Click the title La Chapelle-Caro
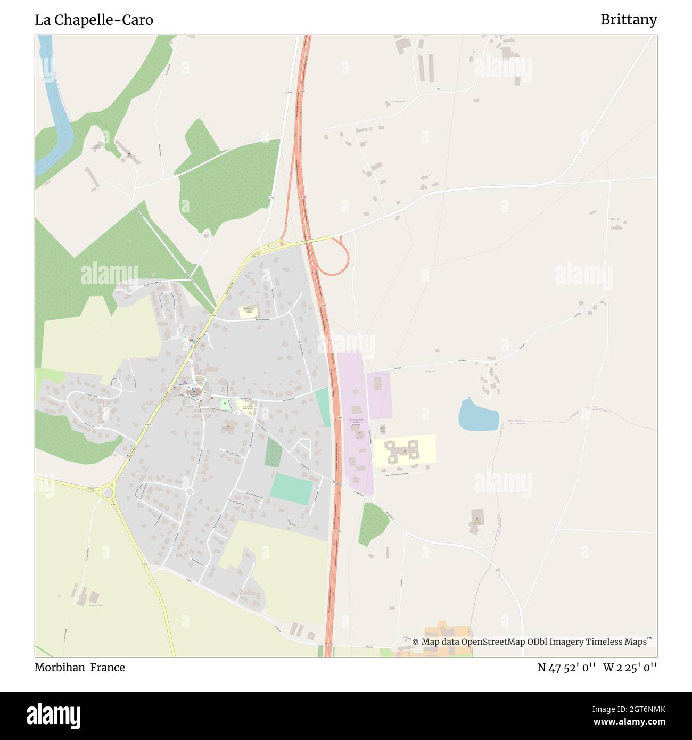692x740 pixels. point(94,20)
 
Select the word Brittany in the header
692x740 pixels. point(628,20)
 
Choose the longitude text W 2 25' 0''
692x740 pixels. point(630,668)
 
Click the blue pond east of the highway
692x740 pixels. point(478,414)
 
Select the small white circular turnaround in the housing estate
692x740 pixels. point(189,491)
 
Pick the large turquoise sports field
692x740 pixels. point(291,489)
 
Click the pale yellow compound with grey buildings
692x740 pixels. point(405,450)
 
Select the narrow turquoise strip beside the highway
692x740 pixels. point(323,407)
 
